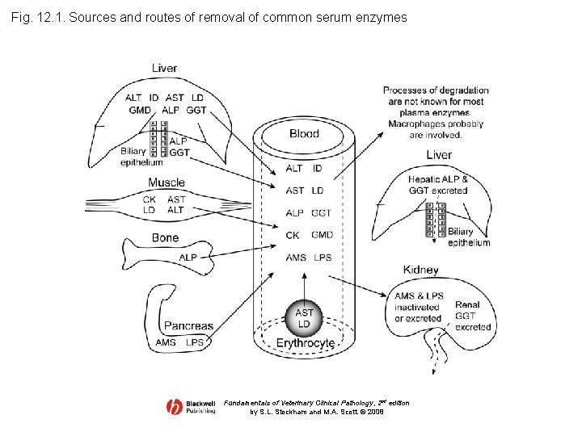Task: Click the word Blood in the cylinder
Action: [x=304, y=133]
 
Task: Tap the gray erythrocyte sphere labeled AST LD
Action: [x=304, y=317]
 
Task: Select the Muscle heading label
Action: [x=167, y=182]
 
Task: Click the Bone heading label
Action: [x=165, y=237]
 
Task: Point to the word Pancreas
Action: [x=188, y=326]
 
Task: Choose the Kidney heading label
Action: [x=420, y=270]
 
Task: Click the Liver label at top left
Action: [x=164, y=68]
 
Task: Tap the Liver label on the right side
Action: [x=438, y=154]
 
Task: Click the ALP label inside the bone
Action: [x=188, y=258]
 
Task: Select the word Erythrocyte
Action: [x=305, y=343]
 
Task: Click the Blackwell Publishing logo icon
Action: [x=174, y=407]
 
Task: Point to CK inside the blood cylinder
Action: [x=293, y=235]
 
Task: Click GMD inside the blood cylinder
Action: [x=322, y=235]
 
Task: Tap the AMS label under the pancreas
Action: [x=166, y=342]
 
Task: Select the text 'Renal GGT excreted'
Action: [x=473, y=316]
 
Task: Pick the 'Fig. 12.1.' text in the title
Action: [x=38, y=17]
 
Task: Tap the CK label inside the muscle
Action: [x=150, y=199]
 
